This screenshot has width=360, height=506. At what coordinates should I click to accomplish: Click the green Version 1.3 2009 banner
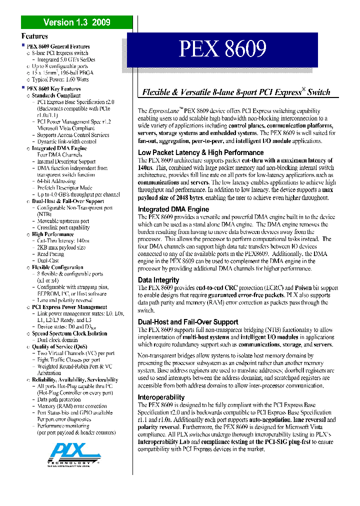point(76,22)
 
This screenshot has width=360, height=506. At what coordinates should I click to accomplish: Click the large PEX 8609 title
point(223,50)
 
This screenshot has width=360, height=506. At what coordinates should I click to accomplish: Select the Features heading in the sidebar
point(34,36)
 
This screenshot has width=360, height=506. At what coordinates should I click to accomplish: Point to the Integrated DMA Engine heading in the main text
point(173,209)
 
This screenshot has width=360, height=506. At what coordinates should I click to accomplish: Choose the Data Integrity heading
point(158,280)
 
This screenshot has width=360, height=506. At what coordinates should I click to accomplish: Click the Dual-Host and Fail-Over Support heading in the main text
point(188,322)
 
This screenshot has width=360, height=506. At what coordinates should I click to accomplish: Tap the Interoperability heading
point(161,397)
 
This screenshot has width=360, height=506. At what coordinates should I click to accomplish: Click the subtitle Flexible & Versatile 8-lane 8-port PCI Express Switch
point(236,92)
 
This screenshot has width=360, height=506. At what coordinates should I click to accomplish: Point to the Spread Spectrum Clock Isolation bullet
point(69,333)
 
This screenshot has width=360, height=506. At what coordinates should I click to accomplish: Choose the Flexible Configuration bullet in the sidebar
point(57,267)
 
